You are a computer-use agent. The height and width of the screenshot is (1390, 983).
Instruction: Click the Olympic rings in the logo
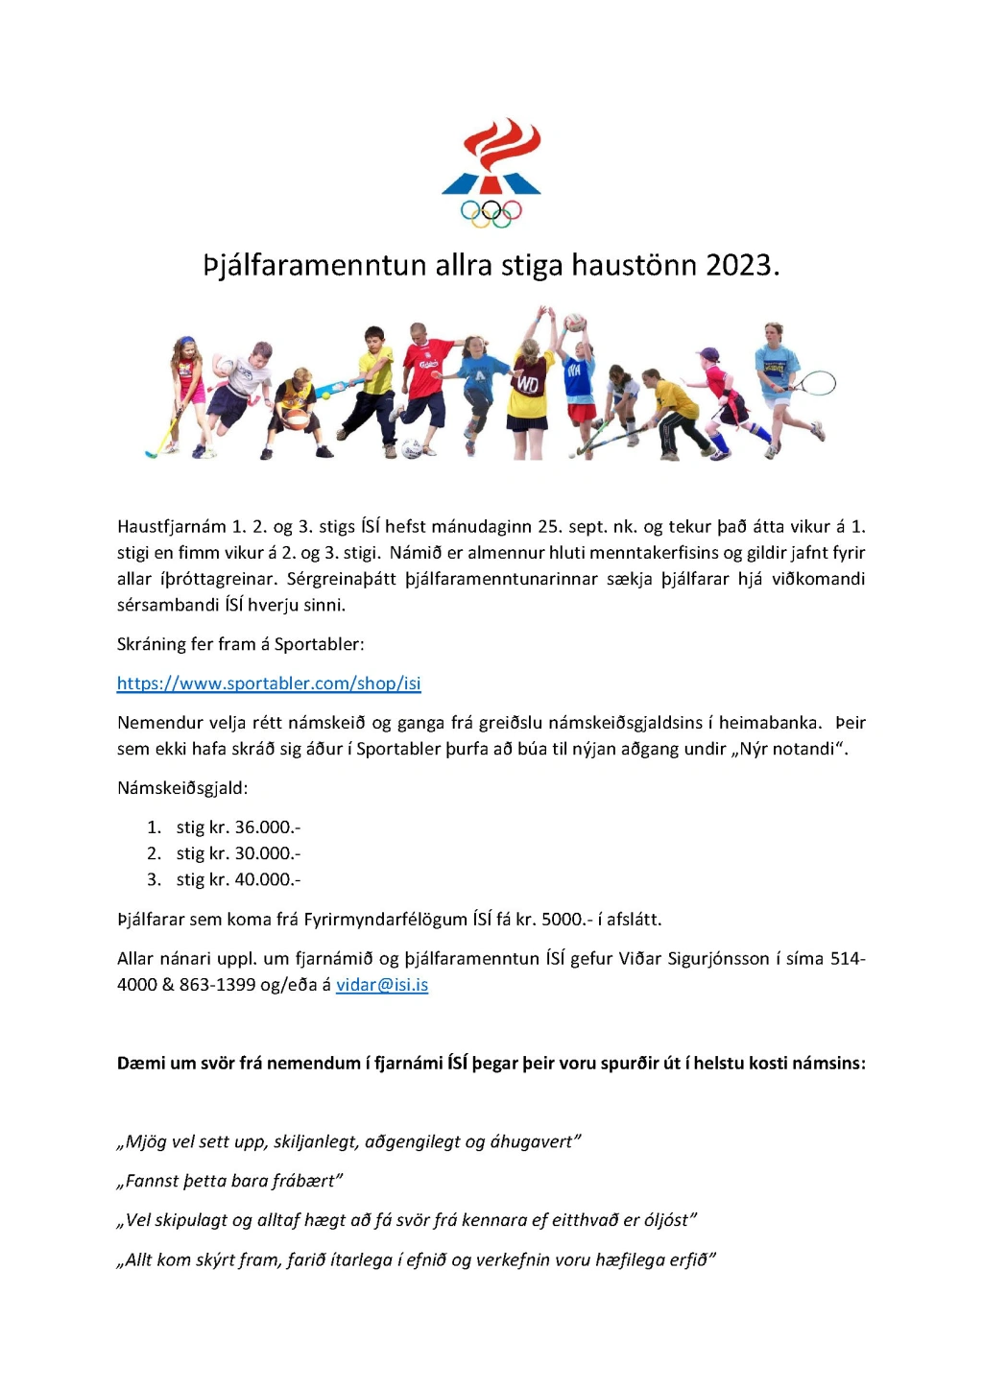(x=491, y=212)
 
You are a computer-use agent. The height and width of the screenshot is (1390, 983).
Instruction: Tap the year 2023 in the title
(x=738, y=265)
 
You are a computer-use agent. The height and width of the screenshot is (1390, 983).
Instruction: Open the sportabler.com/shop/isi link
(x=269, y=683)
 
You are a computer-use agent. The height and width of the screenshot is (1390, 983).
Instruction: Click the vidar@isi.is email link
(x=382, y=985)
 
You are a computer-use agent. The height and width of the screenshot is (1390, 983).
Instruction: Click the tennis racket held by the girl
(x=817, y=384)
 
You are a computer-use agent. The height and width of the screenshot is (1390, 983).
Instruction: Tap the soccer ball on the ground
(x=412, y=448)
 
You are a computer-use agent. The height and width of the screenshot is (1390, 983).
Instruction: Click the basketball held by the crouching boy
(x=298, y=419)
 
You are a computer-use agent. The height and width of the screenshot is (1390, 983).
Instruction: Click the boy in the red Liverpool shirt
(x=422, y=379)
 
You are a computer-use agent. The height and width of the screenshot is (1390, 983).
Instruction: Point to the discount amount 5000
(x=562, y=920)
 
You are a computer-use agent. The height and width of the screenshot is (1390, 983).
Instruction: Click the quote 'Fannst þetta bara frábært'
(x=229, y=1182)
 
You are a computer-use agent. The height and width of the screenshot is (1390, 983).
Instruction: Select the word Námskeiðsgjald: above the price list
(x=182, y=788)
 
